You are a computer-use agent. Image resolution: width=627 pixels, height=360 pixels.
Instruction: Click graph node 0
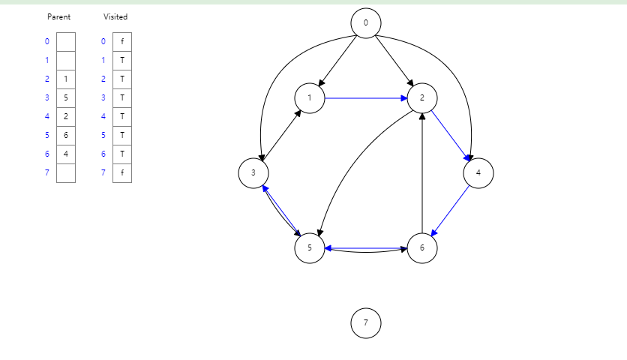click(x=366, y=22)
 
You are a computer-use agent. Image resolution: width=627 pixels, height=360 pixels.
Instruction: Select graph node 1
click(x=310, y=97)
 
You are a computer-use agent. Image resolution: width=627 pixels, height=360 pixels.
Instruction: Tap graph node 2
click(x=422, y=97)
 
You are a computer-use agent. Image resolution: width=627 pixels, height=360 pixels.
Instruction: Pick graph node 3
click(x=253, y=173)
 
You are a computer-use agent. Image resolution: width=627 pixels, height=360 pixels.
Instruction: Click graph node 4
click(x=478, y=173)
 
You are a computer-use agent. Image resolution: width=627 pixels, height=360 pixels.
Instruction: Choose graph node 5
click(x=310, y=248)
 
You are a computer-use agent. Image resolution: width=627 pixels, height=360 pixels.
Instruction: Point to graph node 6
click(x=422, y=248)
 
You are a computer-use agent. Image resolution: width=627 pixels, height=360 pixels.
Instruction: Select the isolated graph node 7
click(x=366, y=323)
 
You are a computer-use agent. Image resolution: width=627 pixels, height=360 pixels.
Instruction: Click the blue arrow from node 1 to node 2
click(x=366, y=97)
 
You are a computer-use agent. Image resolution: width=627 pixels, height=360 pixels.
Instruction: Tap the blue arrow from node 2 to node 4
click(x=450, y=135)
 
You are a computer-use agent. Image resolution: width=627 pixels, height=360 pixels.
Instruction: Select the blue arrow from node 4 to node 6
click(x=451, y=211)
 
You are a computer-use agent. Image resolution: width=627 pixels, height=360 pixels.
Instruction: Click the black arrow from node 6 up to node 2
click(x=422, y=172)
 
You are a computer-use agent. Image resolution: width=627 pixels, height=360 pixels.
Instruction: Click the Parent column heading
click(x=58, y=16)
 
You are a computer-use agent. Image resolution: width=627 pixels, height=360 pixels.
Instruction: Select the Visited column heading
click(x=115, y=16)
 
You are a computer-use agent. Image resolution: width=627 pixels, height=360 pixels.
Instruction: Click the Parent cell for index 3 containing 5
click(x=66, y=97)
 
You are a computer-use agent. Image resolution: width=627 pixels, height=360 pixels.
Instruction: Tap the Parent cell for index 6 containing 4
click(x=66, y=154)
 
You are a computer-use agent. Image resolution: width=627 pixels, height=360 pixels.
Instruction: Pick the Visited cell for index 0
click(x=122, y=41)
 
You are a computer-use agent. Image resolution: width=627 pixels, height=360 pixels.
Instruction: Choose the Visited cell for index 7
click(x=122, y=172)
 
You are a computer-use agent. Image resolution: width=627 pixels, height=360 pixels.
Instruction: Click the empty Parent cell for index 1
click(x=66, y=60)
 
